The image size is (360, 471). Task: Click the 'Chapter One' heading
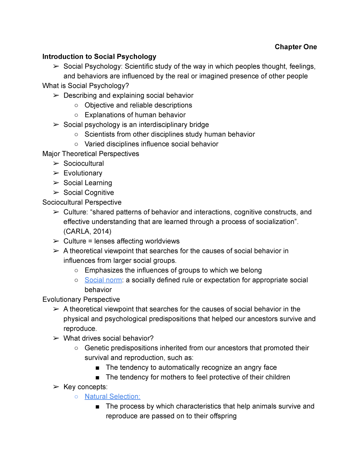point(295,47)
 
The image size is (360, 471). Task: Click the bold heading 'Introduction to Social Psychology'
point(99,57)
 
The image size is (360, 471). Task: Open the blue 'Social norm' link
point(103,280)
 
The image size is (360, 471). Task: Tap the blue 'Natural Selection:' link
point(112,397)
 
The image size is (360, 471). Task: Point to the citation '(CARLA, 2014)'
point(87,231)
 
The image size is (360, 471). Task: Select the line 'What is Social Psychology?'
point(85,86)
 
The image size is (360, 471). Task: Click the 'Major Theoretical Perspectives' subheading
point(91,154)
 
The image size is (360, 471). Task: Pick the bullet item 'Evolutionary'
point(83,173)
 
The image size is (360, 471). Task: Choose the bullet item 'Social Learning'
point(88,183)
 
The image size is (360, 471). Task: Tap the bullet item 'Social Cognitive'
point(89,193)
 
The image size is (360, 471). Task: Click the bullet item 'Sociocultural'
point(84,164)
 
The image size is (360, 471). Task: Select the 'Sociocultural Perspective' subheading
point(82,202)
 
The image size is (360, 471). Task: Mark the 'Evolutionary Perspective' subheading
point(81,300)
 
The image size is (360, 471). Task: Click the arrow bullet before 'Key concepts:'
point(56,387)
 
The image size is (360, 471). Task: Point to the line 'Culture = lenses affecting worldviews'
point(121,241)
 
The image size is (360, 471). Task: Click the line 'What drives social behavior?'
point(108,338)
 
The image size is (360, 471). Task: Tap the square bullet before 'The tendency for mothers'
point(97,378)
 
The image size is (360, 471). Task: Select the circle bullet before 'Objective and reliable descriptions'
point(76,105)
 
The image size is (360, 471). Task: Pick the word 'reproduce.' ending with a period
point(80,329)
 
